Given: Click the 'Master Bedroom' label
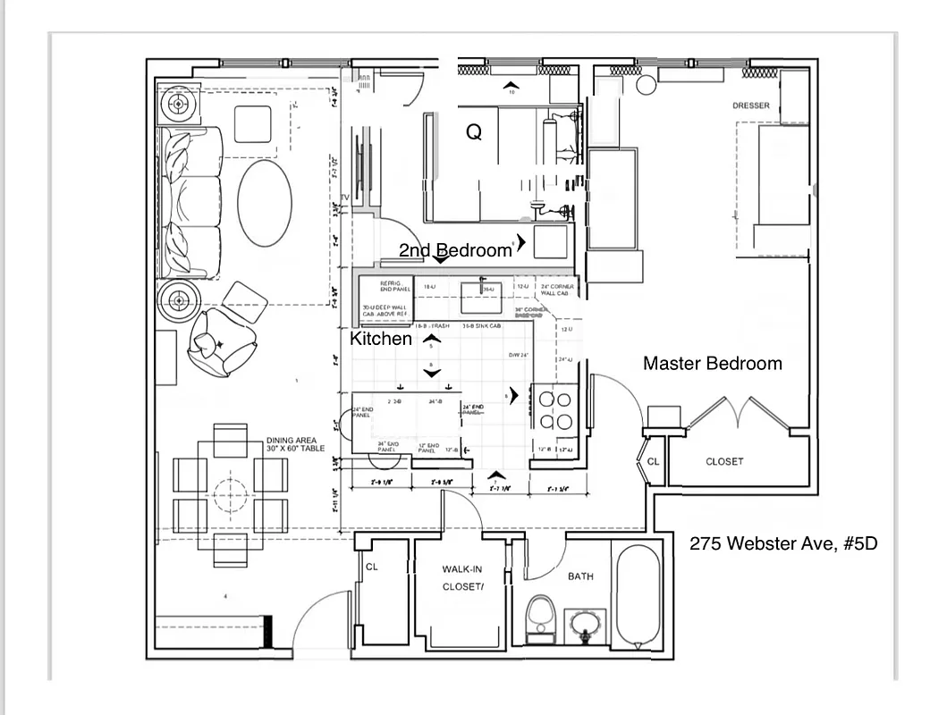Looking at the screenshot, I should (712, 364).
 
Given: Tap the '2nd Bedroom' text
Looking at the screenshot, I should (455, 250).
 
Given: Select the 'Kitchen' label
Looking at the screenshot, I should (381, 339).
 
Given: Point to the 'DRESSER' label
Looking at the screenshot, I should (750, 105).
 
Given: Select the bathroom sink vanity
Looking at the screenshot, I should (585, 625).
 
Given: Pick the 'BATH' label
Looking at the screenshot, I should (580, 576).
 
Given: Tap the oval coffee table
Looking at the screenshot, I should (265, 203).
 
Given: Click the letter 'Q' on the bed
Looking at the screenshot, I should (474, 132).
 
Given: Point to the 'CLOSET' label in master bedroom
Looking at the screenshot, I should (724, 461).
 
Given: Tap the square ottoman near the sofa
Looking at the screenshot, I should (253, 122).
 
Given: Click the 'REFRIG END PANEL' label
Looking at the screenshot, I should (390, 285).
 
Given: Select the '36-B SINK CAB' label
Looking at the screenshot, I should (481, 326).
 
